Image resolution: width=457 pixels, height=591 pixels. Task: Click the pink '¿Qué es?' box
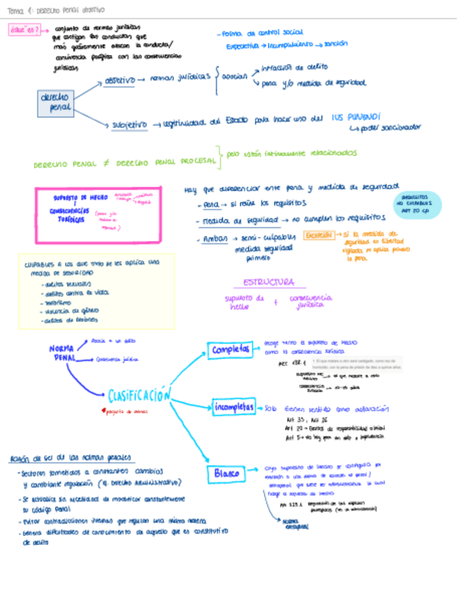24,30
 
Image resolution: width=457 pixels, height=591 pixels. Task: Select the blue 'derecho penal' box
55,104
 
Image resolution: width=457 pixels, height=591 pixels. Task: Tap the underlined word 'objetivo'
119,81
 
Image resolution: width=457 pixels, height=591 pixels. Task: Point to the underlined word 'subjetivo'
130,125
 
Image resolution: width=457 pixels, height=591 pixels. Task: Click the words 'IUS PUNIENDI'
356,118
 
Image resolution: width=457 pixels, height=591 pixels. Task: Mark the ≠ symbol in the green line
107,164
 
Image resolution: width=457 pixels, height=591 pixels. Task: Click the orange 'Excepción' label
320,236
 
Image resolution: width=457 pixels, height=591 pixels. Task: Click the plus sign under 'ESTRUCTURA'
275,302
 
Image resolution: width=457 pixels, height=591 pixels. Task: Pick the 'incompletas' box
233,408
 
